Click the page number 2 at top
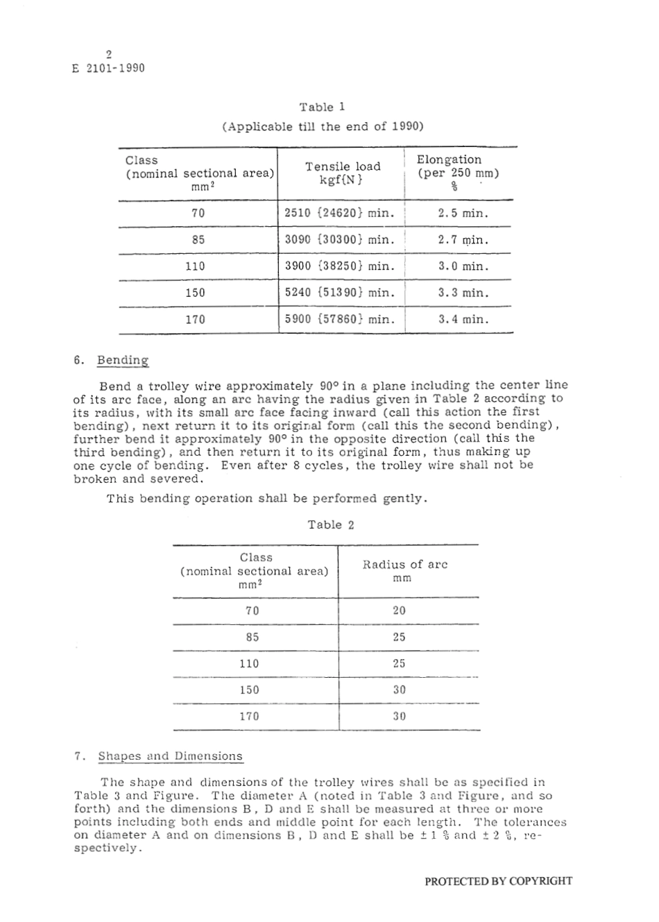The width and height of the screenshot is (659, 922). (109, 54)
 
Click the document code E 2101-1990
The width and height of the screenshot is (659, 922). (109, 69)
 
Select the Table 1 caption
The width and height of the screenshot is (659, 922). (323, 107)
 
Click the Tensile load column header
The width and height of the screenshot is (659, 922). (343, 173)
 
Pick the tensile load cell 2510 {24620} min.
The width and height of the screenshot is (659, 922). (340, 213)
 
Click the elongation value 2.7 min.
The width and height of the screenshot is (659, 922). (463, 240)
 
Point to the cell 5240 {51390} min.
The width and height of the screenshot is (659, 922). (340, 293)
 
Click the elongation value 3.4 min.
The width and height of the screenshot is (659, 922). (463, 320)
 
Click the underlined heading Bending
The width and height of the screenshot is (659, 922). (123, 360)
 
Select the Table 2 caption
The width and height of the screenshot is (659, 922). (331, 524)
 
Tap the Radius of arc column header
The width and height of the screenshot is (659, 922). (405, 570)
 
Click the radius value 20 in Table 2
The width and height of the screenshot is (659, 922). (399, 611)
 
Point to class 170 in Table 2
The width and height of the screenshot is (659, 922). (249, 716)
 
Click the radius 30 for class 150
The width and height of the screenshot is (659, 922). (399, 690)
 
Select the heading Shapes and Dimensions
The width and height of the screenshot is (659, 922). (170, 756)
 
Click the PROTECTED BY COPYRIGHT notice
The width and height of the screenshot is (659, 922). (498, 881)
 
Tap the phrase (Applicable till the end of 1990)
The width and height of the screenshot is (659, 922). (323, 127)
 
